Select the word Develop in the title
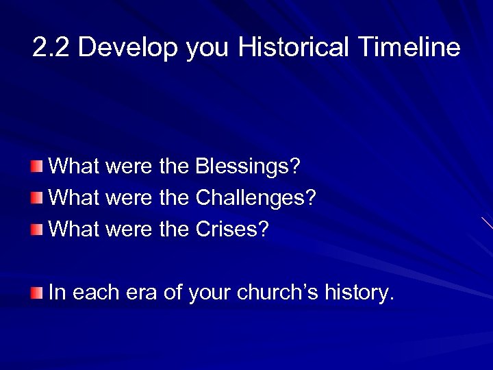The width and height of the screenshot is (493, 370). [129, 48]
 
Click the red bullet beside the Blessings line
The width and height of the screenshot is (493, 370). [36, 166]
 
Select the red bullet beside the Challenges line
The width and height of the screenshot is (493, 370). [36, 199]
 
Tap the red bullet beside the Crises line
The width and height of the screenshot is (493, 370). [36, 230]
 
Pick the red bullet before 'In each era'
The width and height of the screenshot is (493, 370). [36, 293]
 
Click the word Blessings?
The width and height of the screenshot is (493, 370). [248, 166]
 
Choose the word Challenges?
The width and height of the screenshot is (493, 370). [256, 199]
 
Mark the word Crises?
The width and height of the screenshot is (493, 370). [233, 230]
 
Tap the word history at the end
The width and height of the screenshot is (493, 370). [361, 293]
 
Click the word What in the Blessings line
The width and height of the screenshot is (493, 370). [75, 166]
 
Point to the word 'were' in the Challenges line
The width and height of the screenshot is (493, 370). [128, 199]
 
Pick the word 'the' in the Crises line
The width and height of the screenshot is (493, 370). [175, 230]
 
